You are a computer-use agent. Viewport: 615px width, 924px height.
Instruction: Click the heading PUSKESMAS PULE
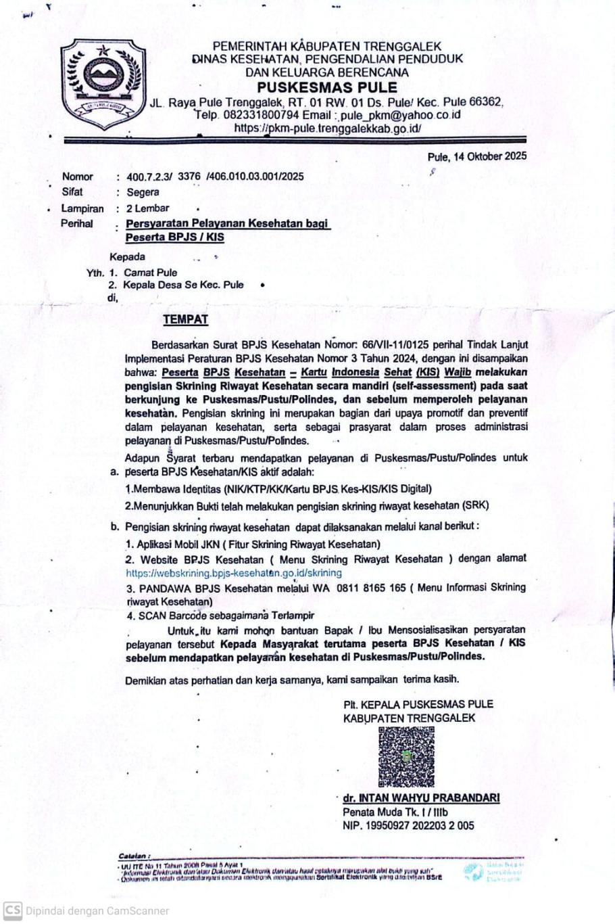(327, 87)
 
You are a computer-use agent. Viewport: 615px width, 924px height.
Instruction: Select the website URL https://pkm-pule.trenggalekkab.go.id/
(327, 127)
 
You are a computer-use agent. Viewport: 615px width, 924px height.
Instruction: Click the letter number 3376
(189, 177)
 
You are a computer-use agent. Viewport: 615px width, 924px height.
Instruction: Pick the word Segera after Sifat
(143, 192)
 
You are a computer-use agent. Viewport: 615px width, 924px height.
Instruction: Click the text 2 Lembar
(147, 208)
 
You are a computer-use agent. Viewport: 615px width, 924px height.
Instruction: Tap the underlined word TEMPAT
(185, 319)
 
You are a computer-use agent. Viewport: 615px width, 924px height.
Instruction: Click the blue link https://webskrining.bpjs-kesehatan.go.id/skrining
(233, 572)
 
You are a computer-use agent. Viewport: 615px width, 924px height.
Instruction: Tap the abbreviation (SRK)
(475, 505)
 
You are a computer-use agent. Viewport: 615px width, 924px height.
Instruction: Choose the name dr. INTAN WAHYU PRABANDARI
(421, 798)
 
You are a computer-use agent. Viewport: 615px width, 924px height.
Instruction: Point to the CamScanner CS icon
(13, 910)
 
